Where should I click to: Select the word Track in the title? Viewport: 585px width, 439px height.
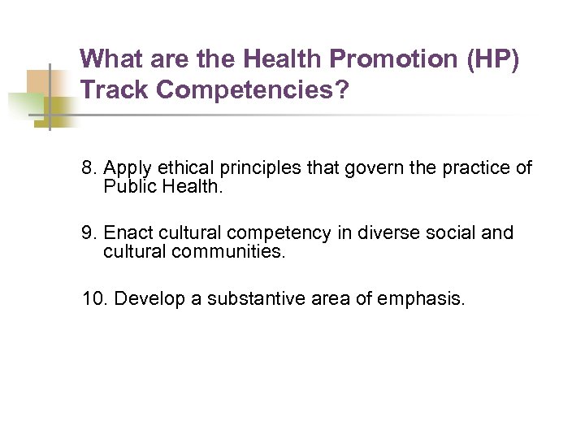(115, 89)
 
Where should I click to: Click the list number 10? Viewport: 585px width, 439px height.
(94, 298)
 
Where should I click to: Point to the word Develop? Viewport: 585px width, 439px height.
(149, 298)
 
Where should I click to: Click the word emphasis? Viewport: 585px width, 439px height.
(422, 298)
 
